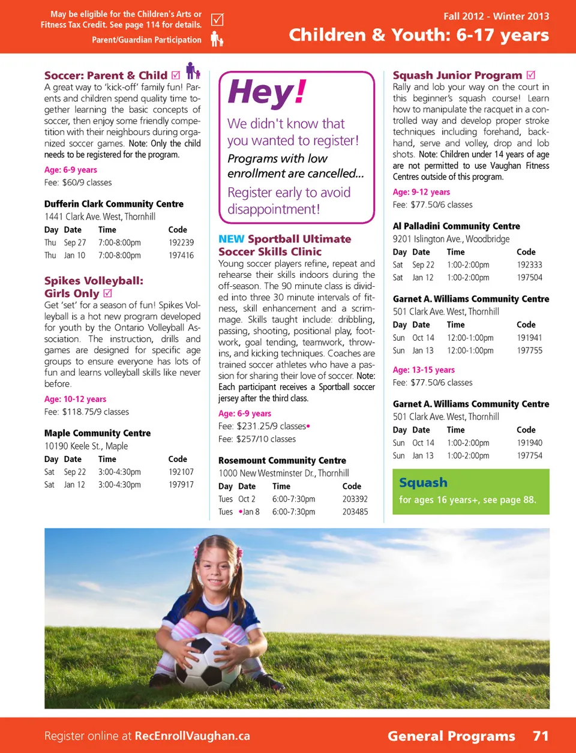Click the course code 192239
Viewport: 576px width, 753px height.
[181, 242]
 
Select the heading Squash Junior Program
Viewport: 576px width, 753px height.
[457, 75]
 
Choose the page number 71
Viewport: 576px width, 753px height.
[541, 736]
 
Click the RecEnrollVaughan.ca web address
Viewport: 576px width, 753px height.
[192, 736]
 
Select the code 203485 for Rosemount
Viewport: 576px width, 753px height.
[355, 512]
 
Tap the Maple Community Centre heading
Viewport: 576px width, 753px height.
[97, 433]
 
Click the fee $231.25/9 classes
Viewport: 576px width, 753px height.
[271, 426]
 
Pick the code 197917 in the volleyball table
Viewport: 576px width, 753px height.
[181, 485]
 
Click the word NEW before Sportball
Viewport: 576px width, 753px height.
[231, 239]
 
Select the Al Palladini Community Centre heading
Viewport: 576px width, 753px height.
[456, 226]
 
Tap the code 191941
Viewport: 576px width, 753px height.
[529, 338]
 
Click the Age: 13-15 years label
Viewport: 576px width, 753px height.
[424, 370]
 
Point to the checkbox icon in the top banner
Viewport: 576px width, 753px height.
[217, 20]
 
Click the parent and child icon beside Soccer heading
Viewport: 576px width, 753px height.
[192, 71]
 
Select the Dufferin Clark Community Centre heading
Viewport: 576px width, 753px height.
[113, 204]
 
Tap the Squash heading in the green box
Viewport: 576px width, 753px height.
[423, 482]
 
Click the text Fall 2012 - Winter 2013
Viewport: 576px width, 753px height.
[496, 16]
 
